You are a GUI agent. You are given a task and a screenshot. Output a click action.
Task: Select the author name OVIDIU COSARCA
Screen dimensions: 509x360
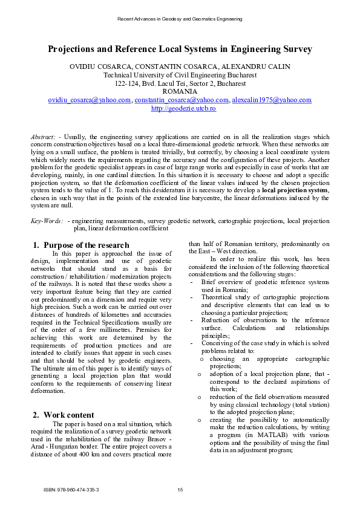click(x=97, y=66)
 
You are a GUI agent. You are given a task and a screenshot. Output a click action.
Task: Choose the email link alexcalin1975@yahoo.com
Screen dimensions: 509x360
click(x=272, y=100)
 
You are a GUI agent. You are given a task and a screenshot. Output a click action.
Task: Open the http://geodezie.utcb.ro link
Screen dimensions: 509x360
click(x=180, y=108)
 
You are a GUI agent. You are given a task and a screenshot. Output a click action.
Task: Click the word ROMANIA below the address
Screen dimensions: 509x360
click(x=180, y=92)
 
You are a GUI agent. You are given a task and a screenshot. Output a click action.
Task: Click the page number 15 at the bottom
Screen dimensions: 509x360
click(x=180, y=489)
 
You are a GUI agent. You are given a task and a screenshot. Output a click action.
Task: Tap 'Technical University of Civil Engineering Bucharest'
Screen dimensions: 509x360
click(x=180, y=75)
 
